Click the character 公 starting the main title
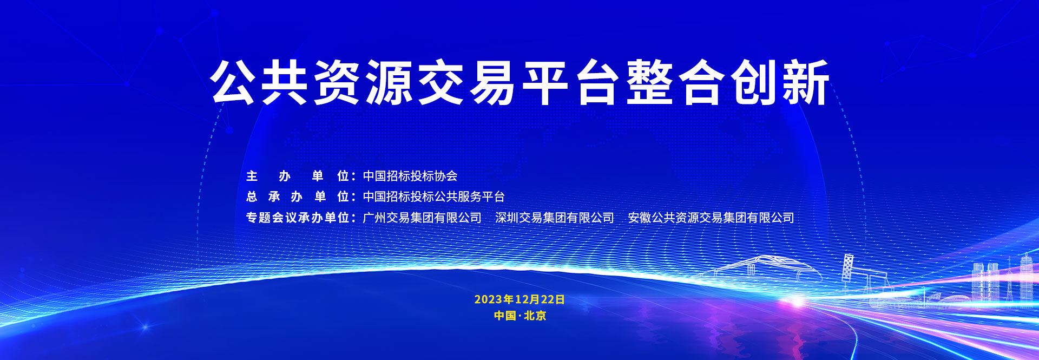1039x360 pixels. click(233, 82)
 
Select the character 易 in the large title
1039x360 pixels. click(493, 82)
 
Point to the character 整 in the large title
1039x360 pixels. click(649, 82)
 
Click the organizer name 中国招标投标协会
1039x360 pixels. click(410, 176)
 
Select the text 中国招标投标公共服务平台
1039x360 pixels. click(433, 197)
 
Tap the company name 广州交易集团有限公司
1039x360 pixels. click(422, 218)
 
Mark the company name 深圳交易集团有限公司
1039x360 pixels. click(555, 218)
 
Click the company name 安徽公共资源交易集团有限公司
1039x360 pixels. click(711, 218)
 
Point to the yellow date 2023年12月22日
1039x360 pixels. click(519, 299)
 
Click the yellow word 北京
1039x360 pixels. click(535, 316)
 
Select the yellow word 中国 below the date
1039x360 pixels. click(505, 316)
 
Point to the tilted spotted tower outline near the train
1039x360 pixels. click(847, 267)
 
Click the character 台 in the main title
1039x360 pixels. click(597, 82)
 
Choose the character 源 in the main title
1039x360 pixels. click(389, 82)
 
